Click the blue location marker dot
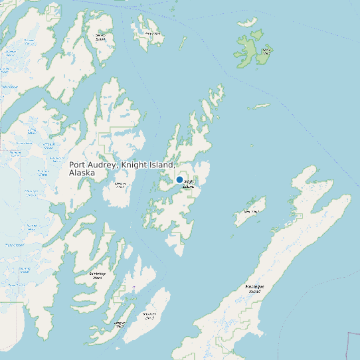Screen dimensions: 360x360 coord(179,179)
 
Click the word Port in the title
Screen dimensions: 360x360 coord(78,165)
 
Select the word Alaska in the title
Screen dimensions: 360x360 coord(82,173)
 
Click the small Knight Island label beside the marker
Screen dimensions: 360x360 coord(189,184)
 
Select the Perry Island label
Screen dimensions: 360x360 coord(154,33)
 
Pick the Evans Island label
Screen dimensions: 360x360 coord(120,324)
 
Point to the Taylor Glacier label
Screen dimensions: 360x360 coord(9,86)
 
